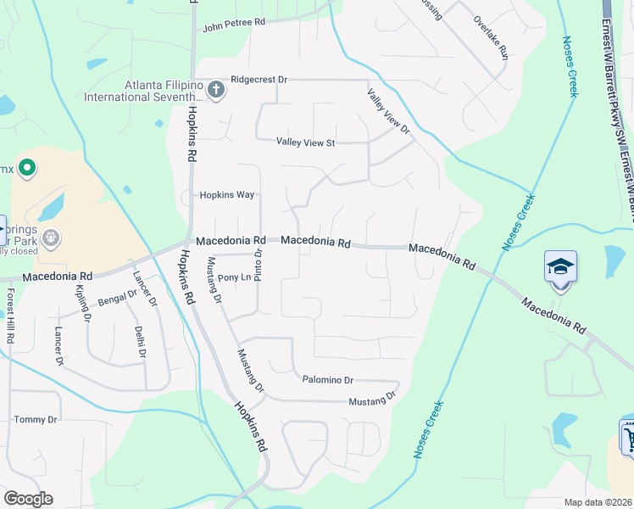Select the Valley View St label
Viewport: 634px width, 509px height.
(x=306, y=143)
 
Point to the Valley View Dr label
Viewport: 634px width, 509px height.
(x=388, y=111)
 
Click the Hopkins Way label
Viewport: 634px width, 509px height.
(x=227, y=194)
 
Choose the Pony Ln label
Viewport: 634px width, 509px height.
(x=235, y=277)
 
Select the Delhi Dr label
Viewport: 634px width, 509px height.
(x=141, y=343)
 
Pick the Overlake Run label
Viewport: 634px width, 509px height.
(x=491, y=37)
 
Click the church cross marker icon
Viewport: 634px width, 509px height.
(x=216, y=88)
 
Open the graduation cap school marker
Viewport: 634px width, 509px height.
(x=559, y=266)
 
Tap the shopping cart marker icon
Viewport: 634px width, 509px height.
(x=628, y=438)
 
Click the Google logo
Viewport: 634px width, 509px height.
(x=28, y=499)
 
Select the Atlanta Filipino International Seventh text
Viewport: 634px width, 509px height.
(x=146, y=90)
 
